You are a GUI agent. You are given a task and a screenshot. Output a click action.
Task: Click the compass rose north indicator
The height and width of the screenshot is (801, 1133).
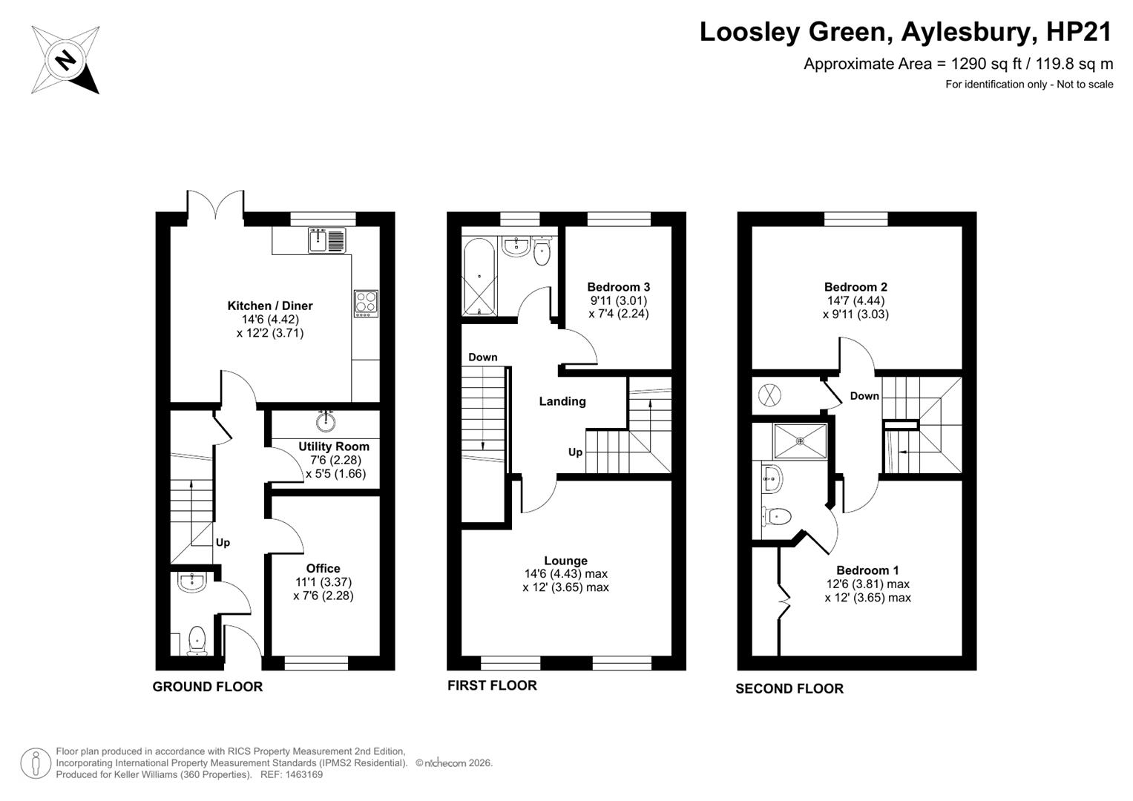point(65,60)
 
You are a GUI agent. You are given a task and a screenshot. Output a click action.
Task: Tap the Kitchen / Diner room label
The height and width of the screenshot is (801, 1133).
point(270,306)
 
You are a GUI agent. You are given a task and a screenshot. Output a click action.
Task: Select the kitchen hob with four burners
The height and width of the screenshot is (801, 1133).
point(366,303)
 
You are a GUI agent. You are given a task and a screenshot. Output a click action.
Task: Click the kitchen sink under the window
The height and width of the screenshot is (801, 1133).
point(326,240)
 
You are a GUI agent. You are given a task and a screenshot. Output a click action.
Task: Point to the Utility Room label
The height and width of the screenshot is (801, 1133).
point(334,446)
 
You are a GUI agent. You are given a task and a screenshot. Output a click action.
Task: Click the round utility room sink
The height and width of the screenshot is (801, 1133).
point(326,421)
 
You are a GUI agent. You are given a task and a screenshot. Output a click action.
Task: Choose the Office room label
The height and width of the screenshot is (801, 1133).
point(324,568)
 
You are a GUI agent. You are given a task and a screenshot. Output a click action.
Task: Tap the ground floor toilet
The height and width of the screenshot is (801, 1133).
point(196,640)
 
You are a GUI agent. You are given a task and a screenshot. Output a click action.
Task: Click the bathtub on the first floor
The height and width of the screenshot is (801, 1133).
point(479,276)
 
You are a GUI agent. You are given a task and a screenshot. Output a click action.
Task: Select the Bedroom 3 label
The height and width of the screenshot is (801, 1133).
point(619,287)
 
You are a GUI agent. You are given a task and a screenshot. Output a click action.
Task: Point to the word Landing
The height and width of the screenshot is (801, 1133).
point(562,401)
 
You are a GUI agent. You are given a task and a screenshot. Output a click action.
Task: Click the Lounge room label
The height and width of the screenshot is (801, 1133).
point(566,561)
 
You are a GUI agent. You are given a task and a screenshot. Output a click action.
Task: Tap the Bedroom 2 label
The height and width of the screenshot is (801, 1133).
point(856,287)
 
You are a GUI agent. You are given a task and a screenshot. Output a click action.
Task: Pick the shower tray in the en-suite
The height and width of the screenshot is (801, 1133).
point(800,441)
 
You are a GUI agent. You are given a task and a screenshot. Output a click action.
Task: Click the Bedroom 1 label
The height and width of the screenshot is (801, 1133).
point(868,570)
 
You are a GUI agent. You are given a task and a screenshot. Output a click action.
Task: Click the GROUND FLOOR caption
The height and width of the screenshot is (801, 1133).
point(208,687)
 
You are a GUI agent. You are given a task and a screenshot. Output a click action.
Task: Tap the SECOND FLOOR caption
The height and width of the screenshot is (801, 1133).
point(789,689)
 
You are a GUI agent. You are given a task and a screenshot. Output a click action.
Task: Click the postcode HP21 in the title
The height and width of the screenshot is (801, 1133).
point(1080,32)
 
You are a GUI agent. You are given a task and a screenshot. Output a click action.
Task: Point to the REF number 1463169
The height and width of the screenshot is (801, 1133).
point(303,774)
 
